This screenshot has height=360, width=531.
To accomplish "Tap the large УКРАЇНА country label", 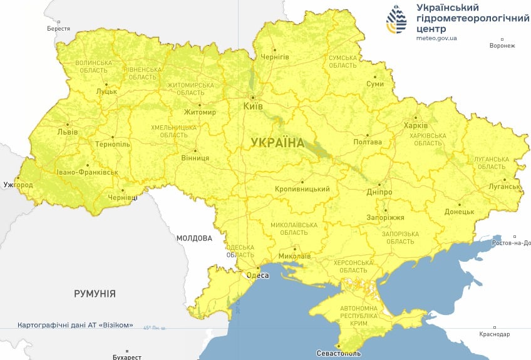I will [x=277, y=143].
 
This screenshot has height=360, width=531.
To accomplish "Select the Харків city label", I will [x=416, y=125].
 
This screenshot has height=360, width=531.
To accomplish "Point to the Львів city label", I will [x=68, y=132].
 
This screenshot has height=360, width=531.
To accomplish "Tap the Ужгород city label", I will [x=18, y=185].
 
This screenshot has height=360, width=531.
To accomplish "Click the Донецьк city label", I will [x=460, y=212].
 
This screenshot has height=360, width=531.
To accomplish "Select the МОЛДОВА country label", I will [x=194, y=238].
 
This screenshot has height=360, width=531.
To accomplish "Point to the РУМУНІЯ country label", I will [x=95, y=293].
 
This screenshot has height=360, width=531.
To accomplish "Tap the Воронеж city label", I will [x=502, y=46].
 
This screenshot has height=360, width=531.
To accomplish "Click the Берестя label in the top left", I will [x=59, y=29].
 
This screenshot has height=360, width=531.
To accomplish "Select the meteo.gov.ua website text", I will [x=436, y=38].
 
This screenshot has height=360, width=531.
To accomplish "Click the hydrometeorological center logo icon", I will [x=396, y=20].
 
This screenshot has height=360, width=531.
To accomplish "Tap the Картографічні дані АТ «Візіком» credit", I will [x=75, y=326].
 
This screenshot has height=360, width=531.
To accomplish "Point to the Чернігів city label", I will [x=276, y=57].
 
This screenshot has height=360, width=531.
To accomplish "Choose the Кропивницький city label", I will [x=302, y=189].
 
